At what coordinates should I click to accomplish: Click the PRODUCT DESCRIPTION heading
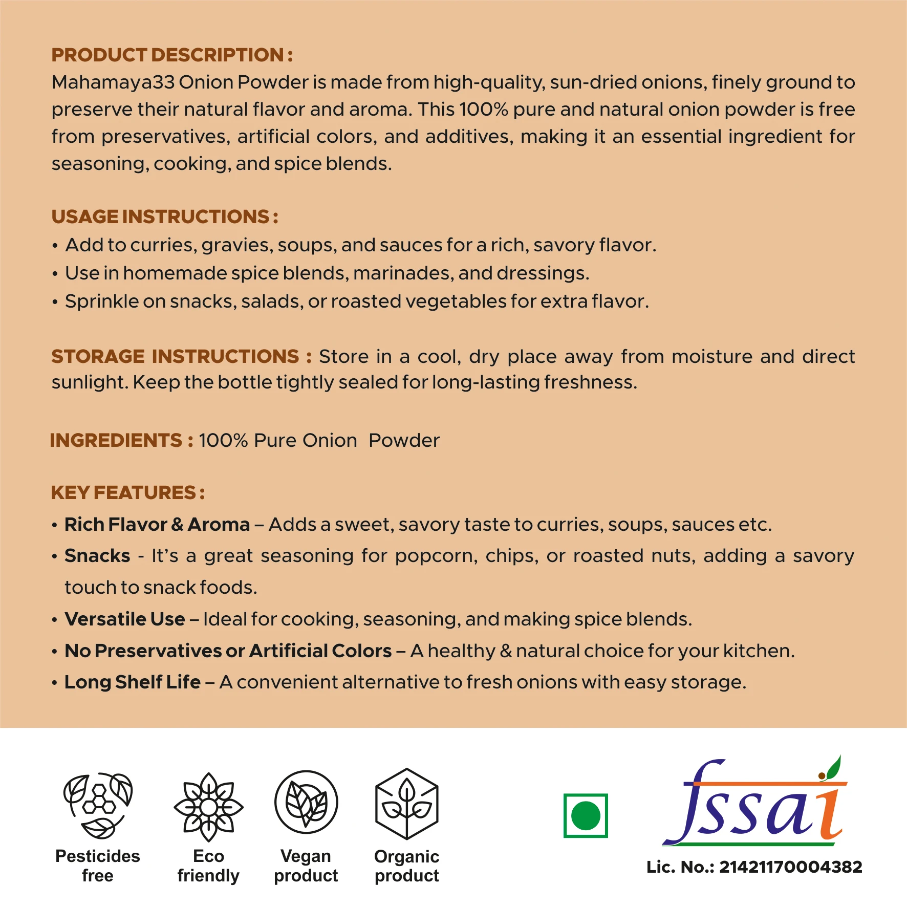172,55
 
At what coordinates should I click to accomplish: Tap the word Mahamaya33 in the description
113,82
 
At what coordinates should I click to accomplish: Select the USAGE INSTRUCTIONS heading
164,217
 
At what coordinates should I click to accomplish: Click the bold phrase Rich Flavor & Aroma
157,525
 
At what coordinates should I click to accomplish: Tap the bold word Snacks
97,556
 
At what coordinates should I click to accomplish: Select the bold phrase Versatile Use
124,619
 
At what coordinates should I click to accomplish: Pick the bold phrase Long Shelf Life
133,682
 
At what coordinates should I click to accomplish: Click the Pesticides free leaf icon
98,805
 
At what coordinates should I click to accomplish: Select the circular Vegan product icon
306,802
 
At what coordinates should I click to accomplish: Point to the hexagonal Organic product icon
407,804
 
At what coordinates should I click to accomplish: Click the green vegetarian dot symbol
586,815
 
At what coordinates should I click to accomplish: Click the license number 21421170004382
790,867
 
